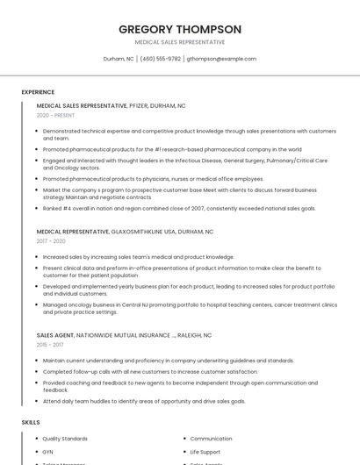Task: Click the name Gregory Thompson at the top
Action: point(179,29)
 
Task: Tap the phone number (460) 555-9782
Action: point(161,59)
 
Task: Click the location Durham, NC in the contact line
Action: point(119,59)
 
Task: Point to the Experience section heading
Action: point(38,92)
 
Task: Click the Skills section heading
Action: point(31,422)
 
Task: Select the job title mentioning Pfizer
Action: point(111,105)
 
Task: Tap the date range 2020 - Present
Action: point(55,115)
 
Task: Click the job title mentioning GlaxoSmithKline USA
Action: point(125,232)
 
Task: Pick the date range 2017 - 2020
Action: point(51,241)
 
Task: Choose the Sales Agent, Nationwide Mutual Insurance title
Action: point(124,334)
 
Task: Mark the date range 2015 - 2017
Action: point(51,345)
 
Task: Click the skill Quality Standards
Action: point(65,438)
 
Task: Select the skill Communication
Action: point(211,438)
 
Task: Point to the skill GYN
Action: point(47,451)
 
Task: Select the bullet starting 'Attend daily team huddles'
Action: point(144,401)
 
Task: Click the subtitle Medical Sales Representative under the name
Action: point(179,42)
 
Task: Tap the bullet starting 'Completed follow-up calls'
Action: point(155,371)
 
